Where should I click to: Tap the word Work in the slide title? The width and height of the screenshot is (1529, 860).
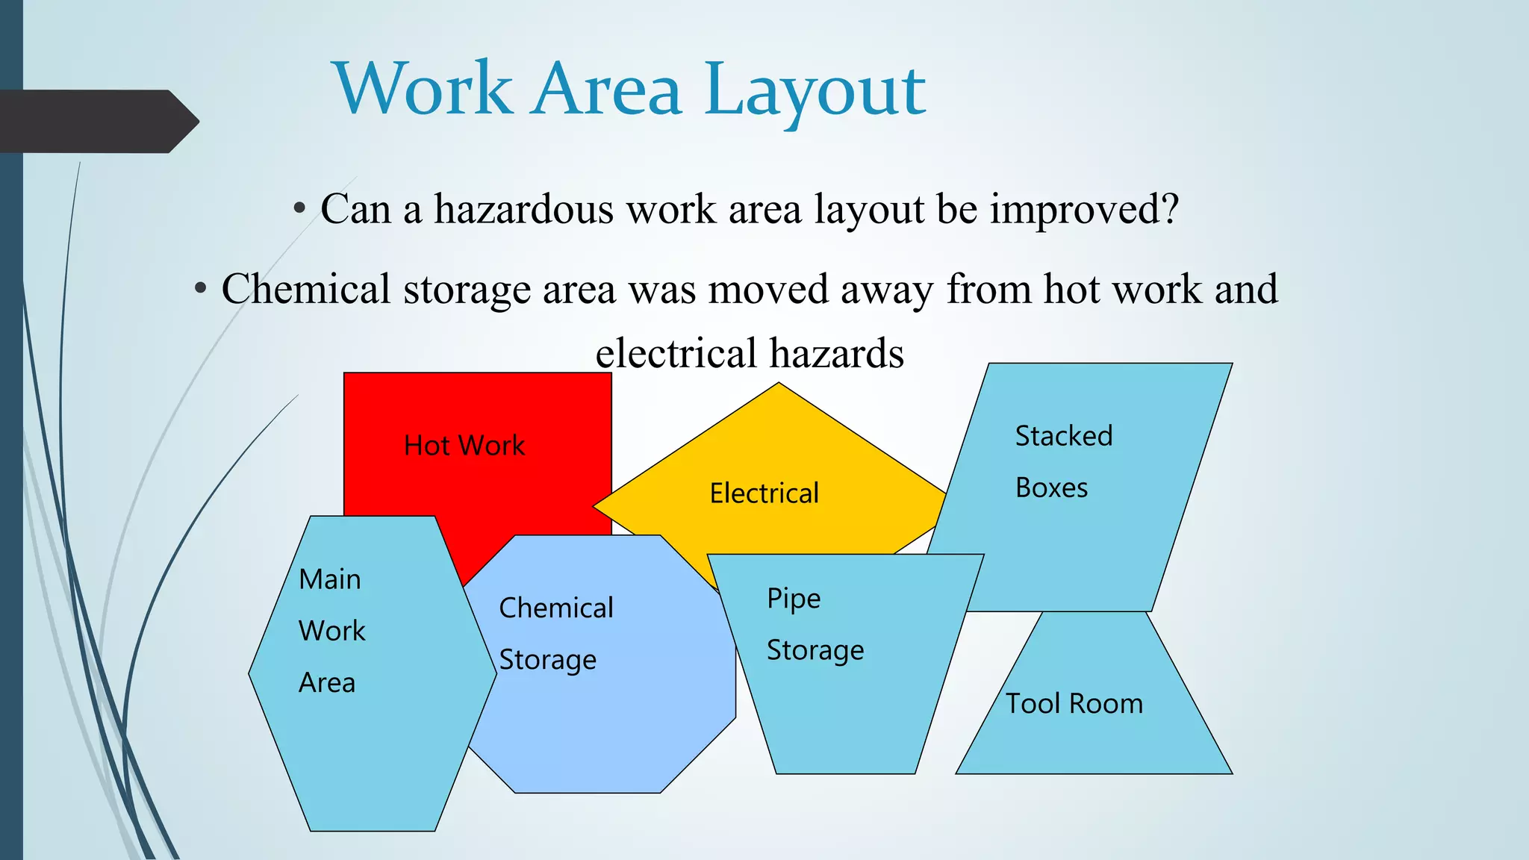pyautogui.click(x=423, y=90)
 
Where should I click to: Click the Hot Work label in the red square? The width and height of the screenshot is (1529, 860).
pyautogui.click(x=464, y=446)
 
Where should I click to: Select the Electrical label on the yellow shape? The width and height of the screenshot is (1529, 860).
pyautogui.click(x=764, y=493)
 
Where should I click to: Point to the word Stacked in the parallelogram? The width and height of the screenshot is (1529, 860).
pyautogui.click(x=1063, y=436)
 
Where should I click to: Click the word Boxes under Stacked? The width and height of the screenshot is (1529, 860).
pyautogui.click(x=1051, y=488)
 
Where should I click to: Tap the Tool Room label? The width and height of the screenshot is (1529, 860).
pyautogui.click(x=1074, y=704)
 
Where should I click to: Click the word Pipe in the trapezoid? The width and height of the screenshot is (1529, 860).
pyautogui.click(x=794, y=599)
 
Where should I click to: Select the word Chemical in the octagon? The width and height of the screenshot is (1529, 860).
pyautogui.click(x=555, y=608)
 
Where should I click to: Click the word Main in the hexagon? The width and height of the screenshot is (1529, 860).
pyautogui.click(x=330, y=580)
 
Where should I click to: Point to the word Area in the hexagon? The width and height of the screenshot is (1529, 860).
pyautogui.click(x=327, y=683)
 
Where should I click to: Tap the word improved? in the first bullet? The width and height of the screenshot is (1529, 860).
pyautogui.click(x=1084, y=210)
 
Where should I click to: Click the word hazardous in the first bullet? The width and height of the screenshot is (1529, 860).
pyautogui.click(x=523, y=210)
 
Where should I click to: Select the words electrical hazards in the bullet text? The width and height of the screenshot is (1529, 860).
pyautogui.click(x=750, y=353)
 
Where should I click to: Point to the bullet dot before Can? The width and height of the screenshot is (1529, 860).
pyautogui.click(x=299, y=209)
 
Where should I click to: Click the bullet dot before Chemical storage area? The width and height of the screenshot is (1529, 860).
pyautogui.click(x=200, y=289)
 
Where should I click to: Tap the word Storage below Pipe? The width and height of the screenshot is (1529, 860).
pyautogui.click(x=815, y=651)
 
